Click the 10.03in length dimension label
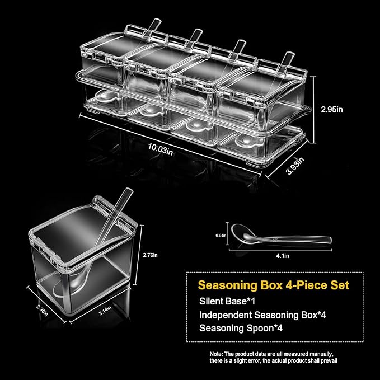pos(161,149)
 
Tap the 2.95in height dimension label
pos(332,110)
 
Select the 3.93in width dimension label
pos(295,166)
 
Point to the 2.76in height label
pos(150,255)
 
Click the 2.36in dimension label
pos(42,310)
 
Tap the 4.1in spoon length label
pos(283,256)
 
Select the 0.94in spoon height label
pos(221,235)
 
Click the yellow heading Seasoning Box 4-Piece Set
pos(274,285)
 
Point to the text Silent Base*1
pos(227,301)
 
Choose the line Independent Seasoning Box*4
pos(262,315)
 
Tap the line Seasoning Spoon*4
pos(241,328)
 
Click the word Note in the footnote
pos(215,354)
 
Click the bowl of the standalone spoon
pos(241,232)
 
